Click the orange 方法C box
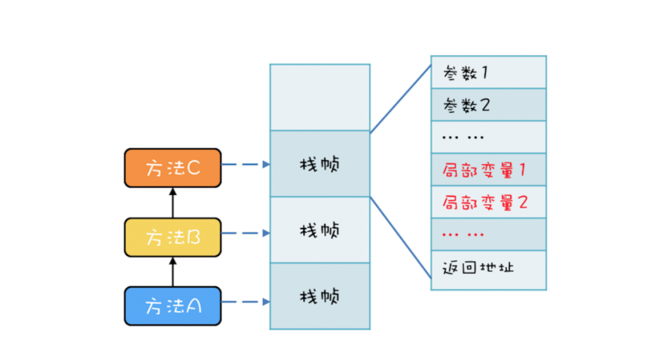[173, 168]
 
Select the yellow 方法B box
[173, 237]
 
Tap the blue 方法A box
[173, 306]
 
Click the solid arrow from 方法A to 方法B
[173, 272]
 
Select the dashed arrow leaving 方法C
[246, 165]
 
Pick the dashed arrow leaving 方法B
[246, 233]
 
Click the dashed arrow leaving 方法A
[246, 302]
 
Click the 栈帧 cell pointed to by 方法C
[320, 164]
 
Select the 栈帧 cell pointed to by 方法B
[320, 230]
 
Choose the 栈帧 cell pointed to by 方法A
[320, 296]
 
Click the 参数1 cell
[488, 72]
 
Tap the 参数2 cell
[488, 105]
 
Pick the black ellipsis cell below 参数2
[488, 137]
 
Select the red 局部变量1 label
[485, 170]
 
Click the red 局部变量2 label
[485, 202]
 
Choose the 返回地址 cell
[488, 268]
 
